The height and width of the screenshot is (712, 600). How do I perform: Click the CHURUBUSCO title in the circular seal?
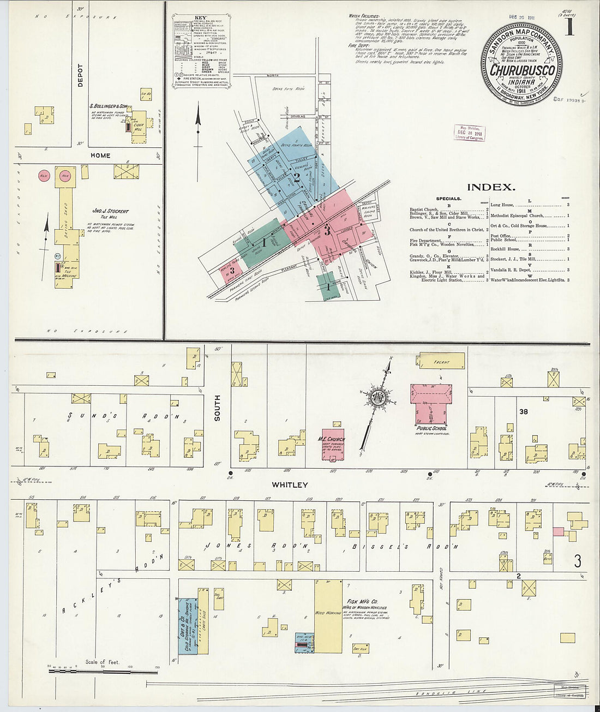point(523,70)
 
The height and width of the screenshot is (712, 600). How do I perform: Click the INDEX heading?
point(491,187)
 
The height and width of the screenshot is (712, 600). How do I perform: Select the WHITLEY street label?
point(290,484)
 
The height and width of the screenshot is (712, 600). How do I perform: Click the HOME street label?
point(100,155)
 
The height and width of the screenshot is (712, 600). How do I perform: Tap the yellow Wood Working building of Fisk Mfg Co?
point(328,617)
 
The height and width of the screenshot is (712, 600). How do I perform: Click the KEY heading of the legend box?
point(200,19)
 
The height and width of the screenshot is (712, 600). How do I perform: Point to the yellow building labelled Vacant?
point(442,361)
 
